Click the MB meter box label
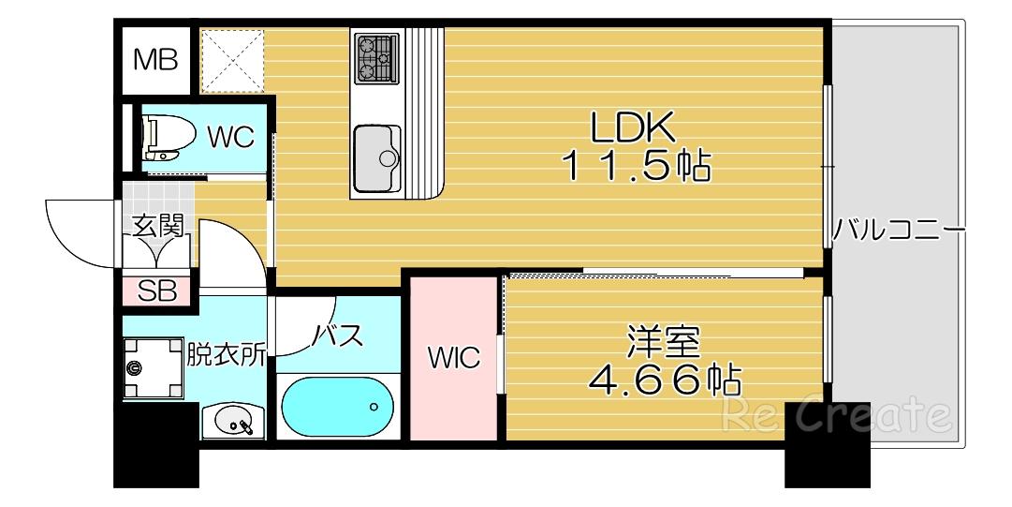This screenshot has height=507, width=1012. click(155, 60)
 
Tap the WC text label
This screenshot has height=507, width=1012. click(231, 138)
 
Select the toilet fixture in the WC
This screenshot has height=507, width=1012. click(169, 138)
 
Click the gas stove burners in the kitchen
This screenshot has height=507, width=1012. click(376, 59)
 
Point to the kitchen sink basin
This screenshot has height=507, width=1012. click(377, 157)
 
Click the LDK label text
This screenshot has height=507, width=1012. click(633, 127)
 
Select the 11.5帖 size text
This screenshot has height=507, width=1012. click(637, 166)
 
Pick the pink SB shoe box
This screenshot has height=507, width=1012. click(157, 291)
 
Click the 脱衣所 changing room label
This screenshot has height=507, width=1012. click(226, 354)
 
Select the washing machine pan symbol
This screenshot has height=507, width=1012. click(154, 368)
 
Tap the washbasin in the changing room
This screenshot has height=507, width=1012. click(233, 422)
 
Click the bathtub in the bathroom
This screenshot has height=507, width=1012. click(337, 407)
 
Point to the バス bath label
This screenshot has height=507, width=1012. click(338, 336)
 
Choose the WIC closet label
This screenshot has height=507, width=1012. click(455, 357)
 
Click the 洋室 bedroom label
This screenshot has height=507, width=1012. click(664, 343)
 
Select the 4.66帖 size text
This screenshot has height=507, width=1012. click(664, 380)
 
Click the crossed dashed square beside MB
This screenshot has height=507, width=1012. click(233, 59)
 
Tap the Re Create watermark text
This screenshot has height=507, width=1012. click(836, 414)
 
